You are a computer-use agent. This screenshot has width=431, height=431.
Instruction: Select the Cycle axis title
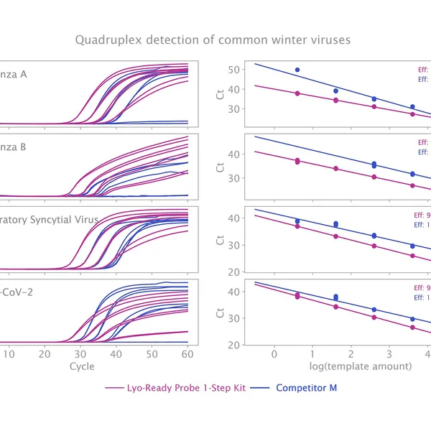point(81,366)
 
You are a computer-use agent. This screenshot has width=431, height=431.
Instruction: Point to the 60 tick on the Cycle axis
point(187,353)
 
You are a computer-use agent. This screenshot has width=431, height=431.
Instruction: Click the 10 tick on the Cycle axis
point(9,353)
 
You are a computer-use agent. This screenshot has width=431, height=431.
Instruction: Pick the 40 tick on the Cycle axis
point(116,353)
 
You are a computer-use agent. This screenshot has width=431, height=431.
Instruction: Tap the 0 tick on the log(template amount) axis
point(274,353)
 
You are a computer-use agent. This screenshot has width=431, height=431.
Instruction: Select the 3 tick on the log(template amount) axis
point(389,353)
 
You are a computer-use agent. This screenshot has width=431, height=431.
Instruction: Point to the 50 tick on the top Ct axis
point(233,70)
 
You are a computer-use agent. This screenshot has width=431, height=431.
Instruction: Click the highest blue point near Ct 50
point(297,70)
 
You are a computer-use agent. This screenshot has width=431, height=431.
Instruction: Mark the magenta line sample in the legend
point(114,388)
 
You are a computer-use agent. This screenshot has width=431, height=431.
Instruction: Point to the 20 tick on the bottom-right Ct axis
point(233,345)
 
